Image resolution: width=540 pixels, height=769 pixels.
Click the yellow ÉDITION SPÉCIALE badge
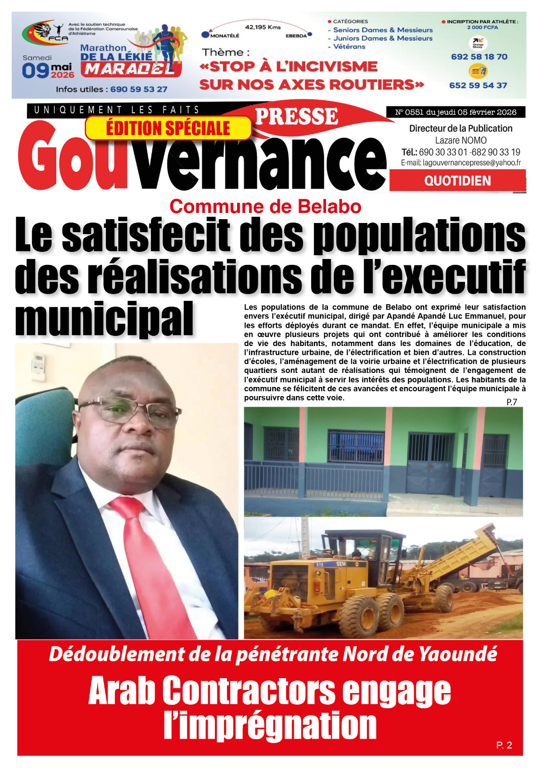pos(168,128)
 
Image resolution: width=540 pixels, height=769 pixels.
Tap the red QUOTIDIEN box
pos(457,181)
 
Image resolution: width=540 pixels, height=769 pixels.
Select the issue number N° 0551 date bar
pos(455,112)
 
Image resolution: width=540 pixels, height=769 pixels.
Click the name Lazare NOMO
pos(461,140)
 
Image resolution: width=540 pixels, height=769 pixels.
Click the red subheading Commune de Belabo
pos(265,207)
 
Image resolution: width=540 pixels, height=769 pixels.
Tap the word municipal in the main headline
pos(104,319)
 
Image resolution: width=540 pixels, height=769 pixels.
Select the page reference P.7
pos(512,402)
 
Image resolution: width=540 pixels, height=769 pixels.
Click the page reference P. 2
pos(504,745)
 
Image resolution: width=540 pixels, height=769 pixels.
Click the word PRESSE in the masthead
pos(296,117)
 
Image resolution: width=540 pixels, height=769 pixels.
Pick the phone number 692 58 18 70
pos(479,57)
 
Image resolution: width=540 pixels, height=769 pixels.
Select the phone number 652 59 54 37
pos(478,86)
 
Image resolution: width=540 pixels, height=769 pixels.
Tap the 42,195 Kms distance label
pos(263,27)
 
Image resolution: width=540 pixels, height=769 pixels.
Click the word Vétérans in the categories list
pos(350,47)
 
